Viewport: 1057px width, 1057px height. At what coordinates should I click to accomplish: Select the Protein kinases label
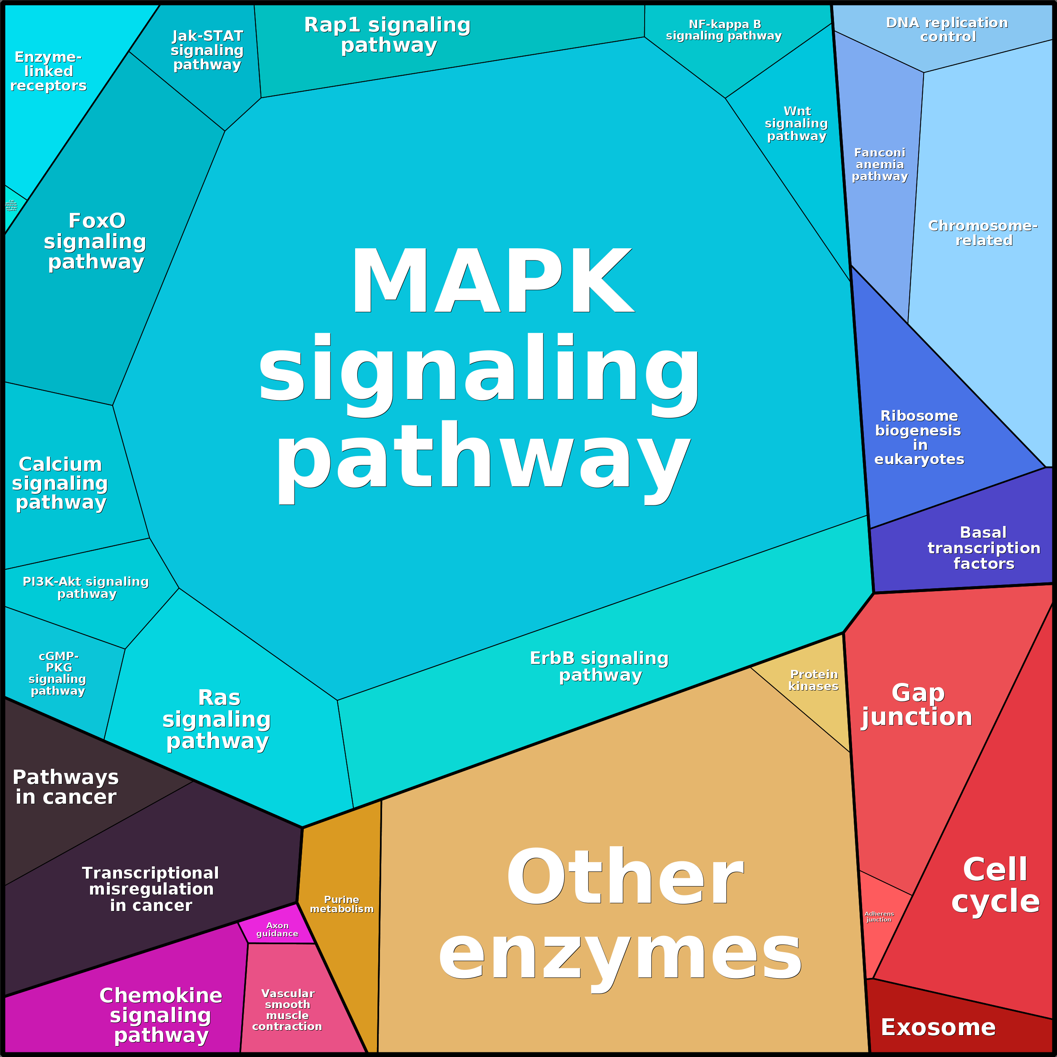[x=813, y=680]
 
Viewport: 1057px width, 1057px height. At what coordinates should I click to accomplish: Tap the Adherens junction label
[x=879, y=916]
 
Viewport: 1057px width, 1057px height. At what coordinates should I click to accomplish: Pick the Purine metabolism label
[x=341, y=904]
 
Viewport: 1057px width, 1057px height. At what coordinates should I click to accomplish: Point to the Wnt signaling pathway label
[x=797, y=124]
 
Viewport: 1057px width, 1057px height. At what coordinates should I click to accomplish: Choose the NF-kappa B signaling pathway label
[x=724, y=30]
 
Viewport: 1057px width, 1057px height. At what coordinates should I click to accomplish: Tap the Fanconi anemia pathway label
[x=880, y=164]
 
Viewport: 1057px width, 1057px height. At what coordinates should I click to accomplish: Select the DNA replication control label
[x=947, y=29]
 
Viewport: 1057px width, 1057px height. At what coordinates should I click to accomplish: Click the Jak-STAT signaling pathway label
[x=207, y=50]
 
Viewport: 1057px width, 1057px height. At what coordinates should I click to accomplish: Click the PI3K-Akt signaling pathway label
[x=86, y=587]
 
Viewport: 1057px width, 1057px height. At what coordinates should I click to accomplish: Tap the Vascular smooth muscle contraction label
[x=287, y=1009]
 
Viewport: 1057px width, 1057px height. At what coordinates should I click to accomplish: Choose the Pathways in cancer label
[x=66, y=787]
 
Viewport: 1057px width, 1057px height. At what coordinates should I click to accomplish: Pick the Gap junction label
[x=917, y=705]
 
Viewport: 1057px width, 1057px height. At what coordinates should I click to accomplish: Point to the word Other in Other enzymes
[x=625, y=878]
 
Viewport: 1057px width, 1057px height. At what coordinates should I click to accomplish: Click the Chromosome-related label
[x=983, y=233]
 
